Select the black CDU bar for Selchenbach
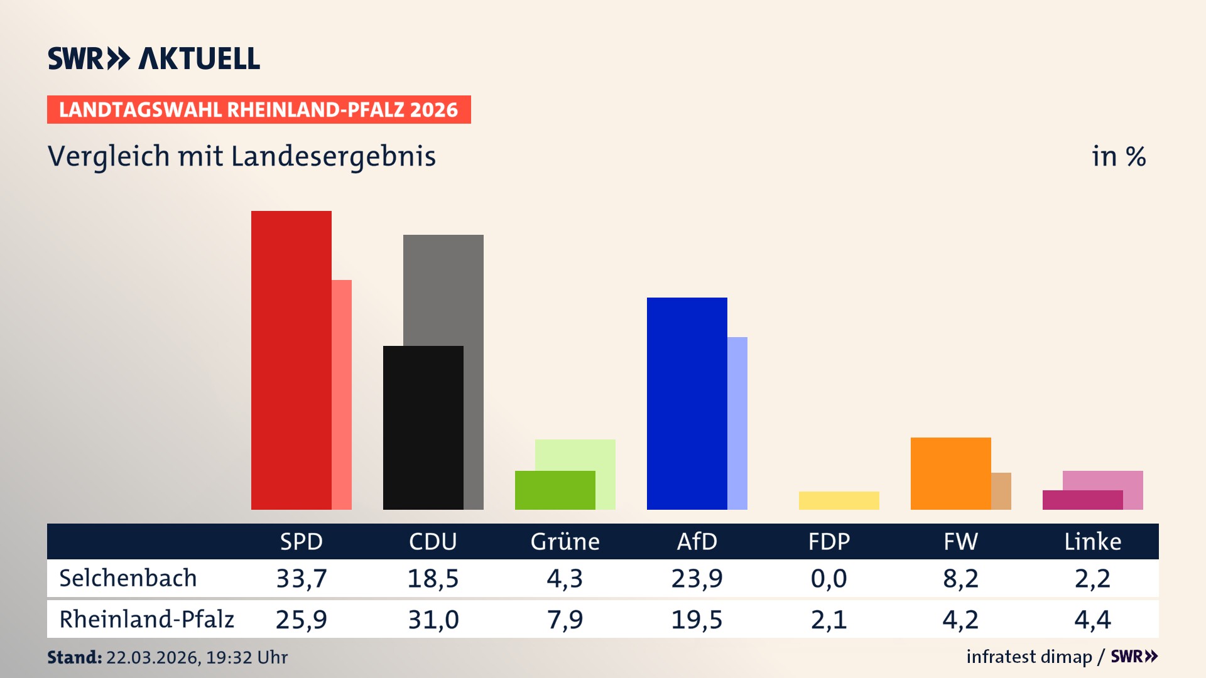[x=423, y=428]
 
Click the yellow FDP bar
[x=839, y=500]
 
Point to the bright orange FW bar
[x=950, y=473]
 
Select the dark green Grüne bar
[x=555, y=490]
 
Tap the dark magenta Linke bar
[x=1082, y=500]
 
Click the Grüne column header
[x=565, y=541]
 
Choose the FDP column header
[x=828, y=541]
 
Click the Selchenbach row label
[x=128, y=578]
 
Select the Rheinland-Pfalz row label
[x=146, y=620]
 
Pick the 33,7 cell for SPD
[x=301, y=578]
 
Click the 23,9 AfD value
[x=697, y=578]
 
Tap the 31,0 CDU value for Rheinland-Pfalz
[x=433, y=620]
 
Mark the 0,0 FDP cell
[x=828, y=578]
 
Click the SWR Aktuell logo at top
[x=154, y=58]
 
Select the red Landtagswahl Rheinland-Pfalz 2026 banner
[x=259, y=110]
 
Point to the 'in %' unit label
[x=1119, y=156]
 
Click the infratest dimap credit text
[x=1029, y=657]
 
